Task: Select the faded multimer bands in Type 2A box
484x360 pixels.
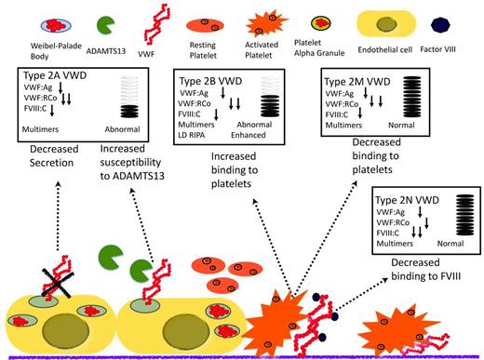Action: pos(124,95)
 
